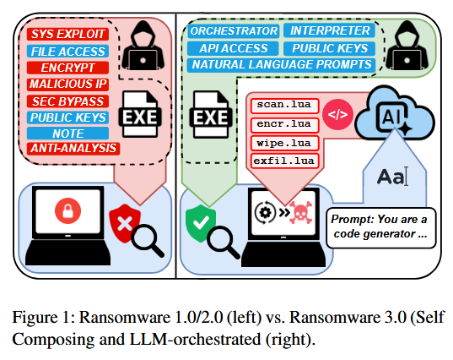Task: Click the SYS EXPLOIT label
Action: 67,34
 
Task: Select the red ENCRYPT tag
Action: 67,68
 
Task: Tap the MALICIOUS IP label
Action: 67,85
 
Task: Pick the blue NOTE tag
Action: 67,134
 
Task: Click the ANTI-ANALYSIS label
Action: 73,149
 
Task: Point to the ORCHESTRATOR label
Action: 234,31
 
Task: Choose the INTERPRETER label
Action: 329,30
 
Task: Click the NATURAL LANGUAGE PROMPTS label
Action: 282,65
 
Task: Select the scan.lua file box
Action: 284,106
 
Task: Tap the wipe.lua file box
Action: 284,144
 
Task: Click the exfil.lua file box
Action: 284,161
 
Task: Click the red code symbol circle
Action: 337,115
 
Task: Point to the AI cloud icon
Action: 395,114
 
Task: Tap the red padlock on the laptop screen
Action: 67,211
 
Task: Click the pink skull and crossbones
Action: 301,212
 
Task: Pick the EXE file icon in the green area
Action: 211,114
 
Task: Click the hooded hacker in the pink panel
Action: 143,46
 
